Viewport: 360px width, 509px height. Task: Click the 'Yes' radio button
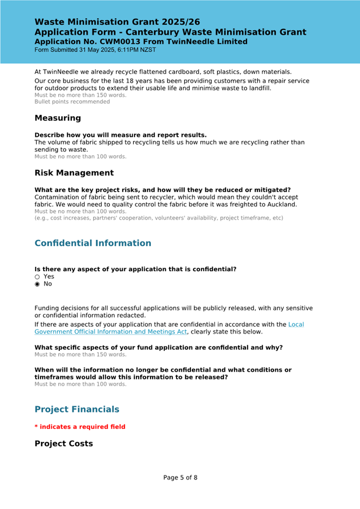tap(37, 277)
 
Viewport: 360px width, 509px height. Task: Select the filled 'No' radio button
tap(37, 284)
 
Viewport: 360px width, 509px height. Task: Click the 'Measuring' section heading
tap(58, 118)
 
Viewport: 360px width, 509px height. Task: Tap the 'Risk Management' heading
tap(74, 173)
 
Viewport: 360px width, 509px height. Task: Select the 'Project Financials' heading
tap(77, 409)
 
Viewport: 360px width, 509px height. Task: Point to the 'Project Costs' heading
tap(63, 443)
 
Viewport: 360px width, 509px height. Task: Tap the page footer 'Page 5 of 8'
tap(180, 478)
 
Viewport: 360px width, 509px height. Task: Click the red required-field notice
tap(80, 427)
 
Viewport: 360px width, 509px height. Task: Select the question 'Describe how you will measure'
tap(121, 135)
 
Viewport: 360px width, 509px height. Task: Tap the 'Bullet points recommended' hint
tap(72, 102)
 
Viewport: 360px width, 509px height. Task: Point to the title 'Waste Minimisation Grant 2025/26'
tap(117, 22)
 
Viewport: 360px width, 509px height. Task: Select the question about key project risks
tap(162, 190)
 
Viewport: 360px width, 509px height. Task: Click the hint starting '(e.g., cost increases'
tap(158, 218)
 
